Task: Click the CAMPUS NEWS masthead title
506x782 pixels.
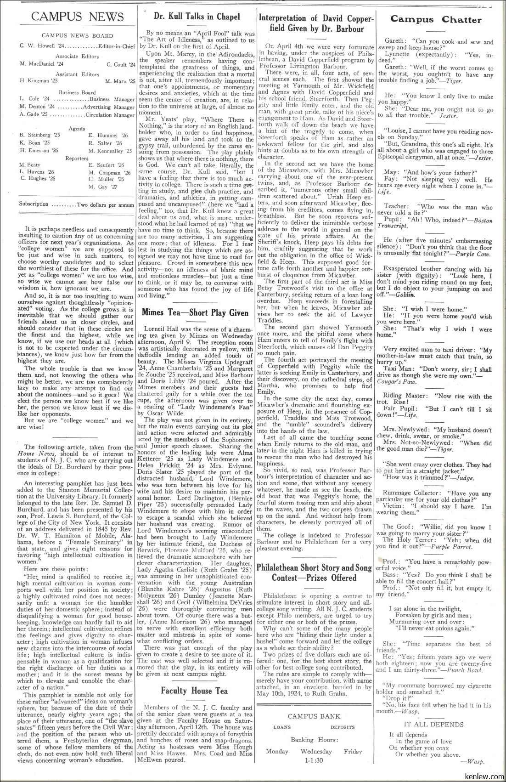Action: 77,17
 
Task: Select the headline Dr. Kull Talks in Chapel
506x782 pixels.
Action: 197,17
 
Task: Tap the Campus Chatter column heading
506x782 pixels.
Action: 436,20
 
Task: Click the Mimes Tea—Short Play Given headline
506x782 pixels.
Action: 195,313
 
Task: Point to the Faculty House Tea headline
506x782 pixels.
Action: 194,691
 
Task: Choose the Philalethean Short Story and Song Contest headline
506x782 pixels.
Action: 314,572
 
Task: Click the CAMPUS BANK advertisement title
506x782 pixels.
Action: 314,716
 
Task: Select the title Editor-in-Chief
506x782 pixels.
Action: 117,46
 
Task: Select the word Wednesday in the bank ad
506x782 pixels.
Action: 316,752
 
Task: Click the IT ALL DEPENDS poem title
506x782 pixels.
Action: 433,725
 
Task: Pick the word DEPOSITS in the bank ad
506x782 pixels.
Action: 343,727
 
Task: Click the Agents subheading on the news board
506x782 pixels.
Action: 76,129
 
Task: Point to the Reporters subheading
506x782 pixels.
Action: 77,158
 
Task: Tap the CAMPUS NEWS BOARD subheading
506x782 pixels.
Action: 77,35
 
